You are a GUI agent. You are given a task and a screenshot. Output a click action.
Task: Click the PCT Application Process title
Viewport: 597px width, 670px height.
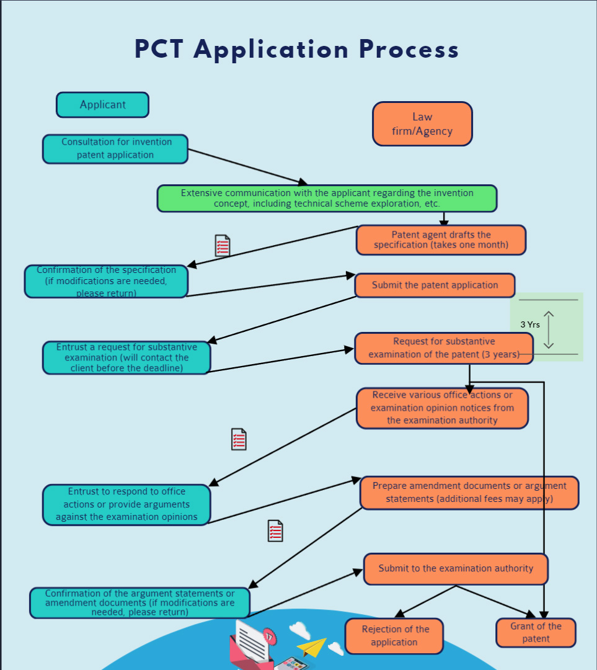pos(296,50)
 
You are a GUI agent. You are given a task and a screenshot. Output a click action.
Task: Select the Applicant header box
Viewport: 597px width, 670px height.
pos(102,105)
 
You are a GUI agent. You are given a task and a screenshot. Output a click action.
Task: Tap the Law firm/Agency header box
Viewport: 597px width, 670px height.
pos(422,124)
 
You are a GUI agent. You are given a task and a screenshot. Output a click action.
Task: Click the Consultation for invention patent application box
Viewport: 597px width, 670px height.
pos(115,149)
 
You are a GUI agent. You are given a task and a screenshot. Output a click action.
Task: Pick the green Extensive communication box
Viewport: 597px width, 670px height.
pos(327,199)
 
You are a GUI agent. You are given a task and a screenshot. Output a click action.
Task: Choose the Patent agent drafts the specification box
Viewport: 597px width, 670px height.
pos(441,240)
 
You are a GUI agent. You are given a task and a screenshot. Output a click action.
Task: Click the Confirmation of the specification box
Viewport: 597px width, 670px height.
pos(106,282)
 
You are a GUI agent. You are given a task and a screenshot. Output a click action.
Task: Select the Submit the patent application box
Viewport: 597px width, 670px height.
pos(435,285)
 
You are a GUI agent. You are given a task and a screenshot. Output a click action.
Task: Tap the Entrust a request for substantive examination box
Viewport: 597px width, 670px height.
pos(126,358)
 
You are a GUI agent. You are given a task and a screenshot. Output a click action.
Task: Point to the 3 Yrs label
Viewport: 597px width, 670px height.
pos(529,324)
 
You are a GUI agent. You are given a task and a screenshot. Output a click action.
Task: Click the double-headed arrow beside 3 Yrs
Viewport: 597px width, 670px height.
pos(549,329)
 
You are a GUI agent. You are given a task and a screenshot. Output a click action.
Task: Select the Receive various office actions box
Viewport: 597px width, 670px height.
pos(442,408)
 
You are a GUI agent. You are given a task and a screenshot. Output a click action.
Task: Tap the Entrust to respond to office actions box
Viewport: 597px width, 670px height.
pos(126,504)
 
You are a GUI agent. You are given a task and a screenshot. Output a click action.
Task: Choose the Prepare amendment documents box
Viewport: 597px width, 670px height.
pos(469,493)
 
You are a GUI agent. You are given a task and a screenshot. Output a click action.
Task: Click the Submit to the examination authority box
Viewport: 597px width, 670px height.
pos(456,569)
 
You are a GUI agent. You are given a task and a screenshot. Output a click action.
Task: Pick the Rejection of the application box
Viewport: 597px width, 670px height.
pos(394,636)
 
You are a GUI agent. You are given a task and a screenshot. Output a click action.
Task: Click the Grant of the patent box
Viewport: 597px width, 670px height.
pos(536,633)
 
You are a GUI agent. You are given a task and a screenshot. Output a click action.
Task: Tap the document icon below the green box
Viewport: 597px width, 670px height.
pos(223,246)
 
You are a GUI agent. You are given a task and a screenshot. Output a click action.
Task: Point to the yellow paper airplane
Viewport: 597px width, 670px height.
pos(311,648)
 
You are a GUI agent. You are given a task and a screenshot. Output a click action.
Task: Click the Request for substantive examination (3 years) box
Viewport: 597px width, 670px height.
pos(443,348)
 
